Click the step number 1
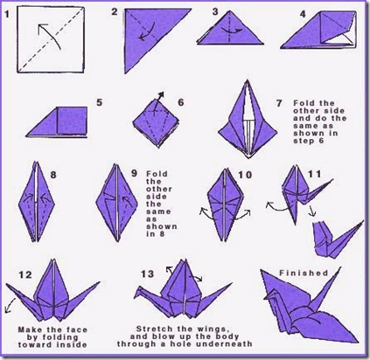pos(7,13)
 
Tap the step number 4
pos(304,14)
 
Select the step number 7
pos(279,103)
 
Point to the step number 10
pos(245,175)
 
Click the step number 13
pos(148,274)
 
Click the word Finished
pos(304,273)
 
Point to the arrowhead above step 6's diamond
pos(161,94)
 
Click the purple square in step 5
pos(72,121)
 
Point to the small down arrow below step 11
pos(312,211)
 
